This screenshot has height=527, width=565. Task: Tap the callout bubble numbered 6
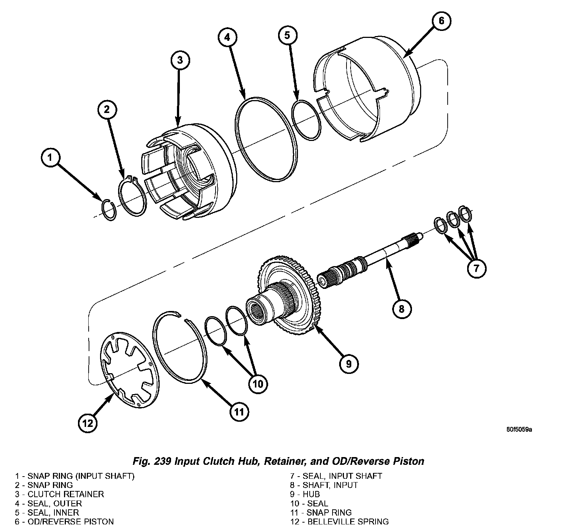coord(441,21)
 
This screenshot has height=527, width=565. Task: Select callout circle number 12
coord(88,423)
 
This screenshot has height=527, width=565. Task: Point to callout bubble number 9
coord(348,364)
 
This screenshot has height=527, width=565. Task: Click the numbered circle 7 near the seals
coord(476,268)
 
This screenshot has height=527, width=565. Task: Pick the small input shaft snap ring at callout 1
coord(109,210)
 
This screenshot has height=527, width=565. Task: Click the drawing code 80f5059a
coord(519,429)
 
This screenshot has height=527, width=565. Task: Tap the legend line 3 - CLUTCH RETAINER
coord(60,494)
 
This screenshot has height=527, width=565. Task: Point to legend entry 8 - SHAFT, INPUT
coord(324,485)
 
